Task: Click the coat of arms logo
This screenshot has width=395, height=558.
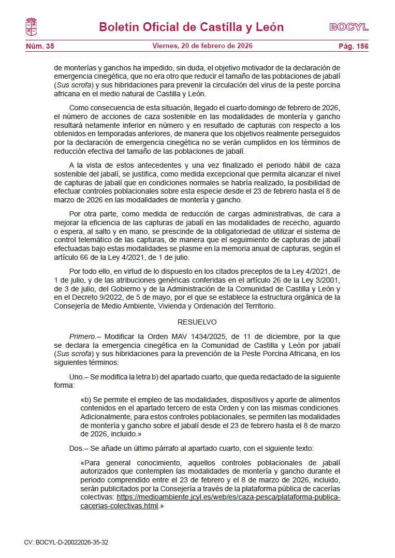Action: (31, 27)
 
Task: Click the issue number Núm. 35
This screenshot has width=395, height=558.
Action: (40, 47)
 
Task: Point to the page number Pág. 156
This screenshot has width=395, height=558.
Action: (354, 47)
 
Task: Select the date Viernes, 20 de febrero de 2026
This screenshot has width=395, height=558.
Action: (202, 46)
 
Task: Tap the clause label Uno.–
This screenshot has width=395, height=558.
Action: (79, 377)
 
